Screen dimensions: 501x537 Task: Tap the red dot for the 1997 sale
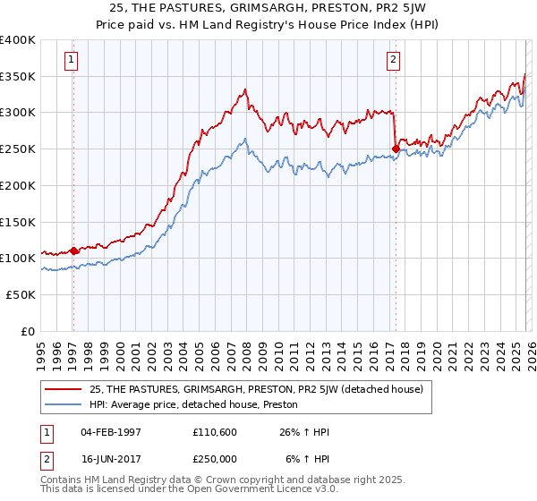pos(73,251)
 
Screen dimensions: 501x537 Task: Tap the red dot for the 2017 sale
pos(395,149)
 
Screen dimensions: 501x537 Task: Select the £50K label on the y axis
pos(20,294)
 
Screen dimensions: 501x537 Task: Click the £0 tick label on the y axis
pos(28,331)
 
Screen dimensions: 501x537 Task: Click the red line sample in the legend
pos(62,388)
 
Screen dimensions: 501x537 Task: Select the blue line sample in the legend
pos(62,404)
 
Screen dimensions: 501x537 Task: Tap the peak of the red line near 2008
pos(245,89)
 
